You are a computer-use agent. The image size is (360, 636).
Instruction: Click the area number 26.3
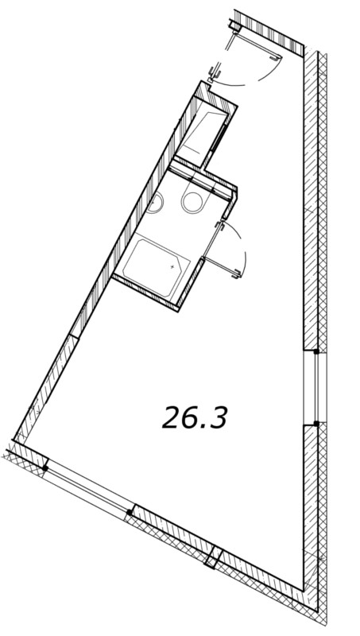195,417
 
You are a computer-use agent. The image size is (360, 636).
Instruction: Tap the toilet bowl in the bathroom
193,202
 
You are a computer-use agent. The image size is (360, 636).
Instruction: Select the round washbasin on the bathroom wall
155,202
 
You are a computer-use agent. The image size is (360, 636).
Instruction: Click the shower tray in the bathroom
155,266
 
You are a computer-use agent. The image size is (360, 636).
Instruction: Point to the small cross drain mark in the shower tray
172,267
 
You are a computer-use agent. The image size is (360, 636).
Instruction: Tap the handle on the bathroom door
236,274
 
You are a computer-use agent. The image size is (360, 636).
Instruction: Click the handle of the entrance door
276,59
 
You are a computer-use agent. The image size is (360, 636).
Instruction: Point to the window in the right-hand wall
315,387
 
